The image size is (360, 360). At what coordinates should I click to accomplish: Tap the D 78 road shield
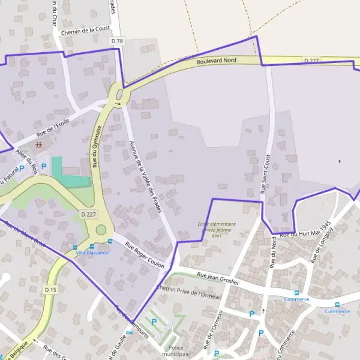[117, 41]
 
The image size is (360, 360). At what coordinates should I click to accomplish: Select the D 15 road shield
[50, 290]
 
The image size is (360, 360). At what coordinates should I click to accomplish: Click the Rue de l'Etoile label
[53, 125]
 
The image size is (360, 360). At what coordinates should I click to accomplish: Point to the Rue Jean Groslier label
[218, 278]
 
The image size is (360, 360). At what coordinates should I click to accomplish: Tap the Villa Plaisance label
[92, 253]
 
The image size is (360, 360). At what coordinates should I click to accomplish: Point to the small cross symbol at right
[339, 161]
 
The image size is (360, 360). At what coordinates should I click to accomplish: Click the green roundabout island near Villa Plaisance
[101, 230]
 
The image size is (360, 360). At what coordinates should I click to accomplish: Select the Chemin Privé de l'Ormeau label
[188, 292]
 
